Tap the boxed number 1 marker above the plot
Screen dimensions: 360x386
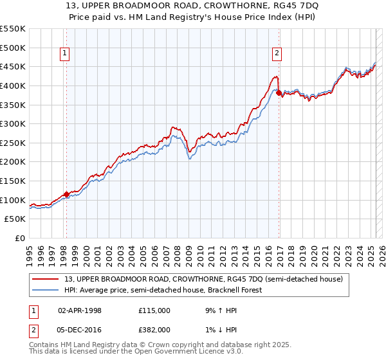point(66,54)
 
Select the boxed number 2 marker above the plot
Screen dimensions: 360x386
point(277,54)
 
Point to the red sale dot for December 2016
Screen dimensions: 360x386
point(279,93)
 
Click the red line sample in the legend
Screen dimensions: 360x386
point(46,279)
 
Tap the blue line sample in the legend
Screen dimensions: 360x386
point(46,290)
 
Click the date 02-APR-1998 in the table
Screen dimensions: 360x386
point(80,310)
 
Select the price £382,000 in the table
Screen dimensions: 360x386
point(154,329)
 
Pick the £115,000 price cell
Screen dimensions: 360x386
point(154,310)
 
